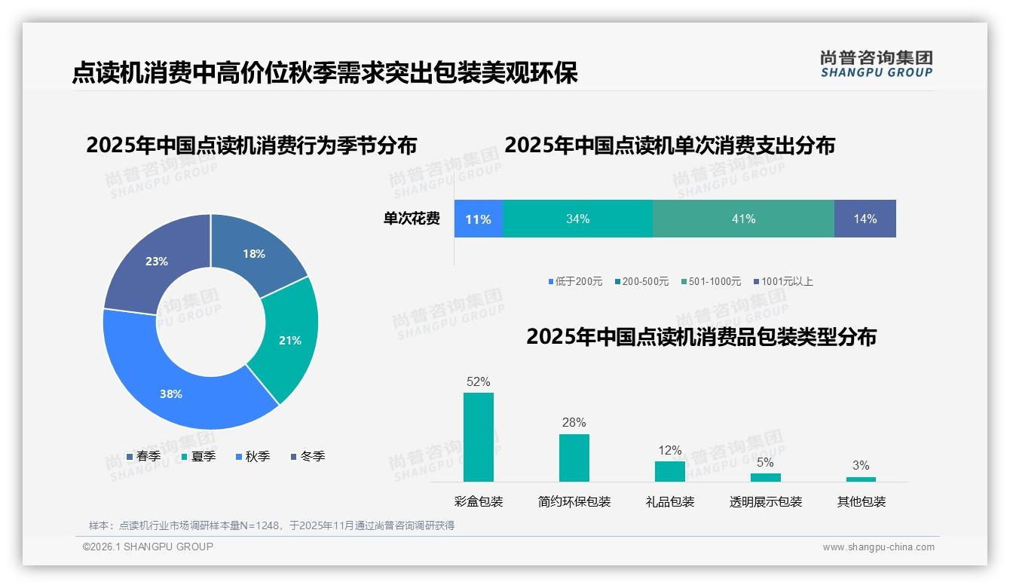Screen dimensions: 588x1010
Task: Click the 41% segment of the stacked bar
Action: tap(743, 219)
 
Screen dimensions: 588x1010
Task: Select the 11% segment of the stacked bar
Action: tap(478, 219)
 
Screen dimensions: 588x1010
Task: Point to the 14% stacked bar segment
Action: tap(865, 219)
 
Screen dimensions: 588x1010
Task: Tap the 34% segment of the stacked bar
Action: tap(577, 219)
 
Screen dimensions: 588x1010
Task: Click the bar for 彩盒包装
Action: tap(479, 437)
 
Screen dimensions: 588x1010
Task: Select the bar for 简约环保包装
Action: tap(574, 458)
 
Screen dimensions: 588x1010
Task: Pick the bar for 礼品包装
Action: tap(670, 471)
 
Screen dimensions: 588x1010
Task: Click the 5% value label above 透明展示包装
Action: tap(765, 462)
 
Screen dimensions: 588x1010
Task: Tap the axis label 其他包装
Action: tap(862, 501)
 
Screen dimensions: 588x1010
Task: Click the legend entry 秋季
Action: tap(253, 456)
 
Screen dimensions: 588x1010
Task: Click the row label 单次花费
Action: tap(412, 219)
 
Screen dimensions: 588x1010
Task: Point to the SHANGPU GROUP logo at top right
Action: tap(877, 64)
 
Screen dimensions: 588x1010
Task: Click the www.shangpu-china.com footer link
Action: tap(878, 547)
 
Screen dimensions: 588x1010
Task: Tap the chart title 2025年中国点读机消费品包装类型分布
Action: tap(701, 336)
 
